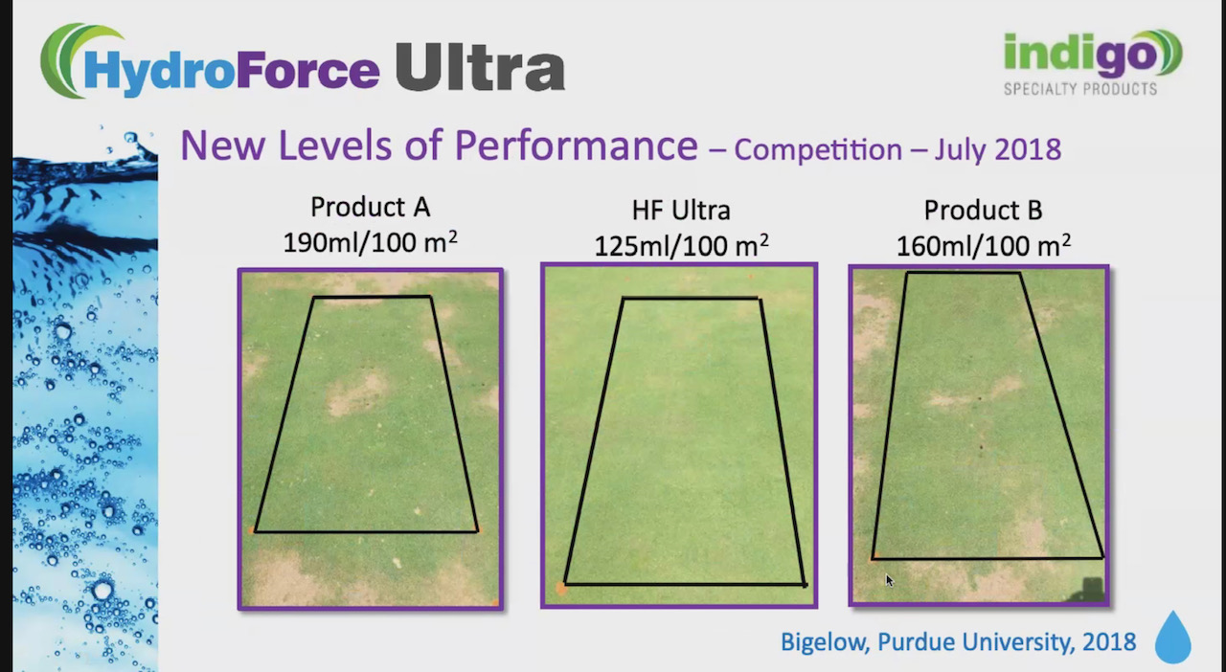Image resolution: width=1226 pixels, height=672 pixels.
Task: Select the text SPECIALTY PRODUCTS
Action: (1079, 89)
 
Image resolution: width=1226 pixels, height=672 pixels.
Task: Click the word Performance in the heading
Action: (575, 146)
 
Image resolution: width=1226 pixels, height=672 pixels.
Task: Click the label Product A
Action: (370, 207)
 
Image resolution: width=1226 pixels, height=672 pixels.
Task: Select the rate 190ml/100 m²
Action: (370, 241)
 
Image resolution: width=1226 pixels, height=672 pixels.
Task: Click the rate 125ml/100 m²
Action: (680, 245)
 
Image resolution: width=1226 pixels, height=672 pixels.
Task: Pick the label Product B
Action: (983, 211)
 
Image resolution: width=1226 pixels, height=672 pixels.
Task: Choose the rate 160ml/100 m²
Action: (983, 245)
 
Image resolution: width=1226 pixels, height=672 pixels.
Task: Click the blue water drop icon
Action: (1172, 638)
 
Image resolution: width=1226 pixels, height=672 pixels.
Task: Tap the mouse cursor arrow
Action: (889, 579)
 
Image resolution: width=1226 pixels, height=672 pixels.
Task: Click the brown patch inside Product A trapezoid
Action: (357, 393)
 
